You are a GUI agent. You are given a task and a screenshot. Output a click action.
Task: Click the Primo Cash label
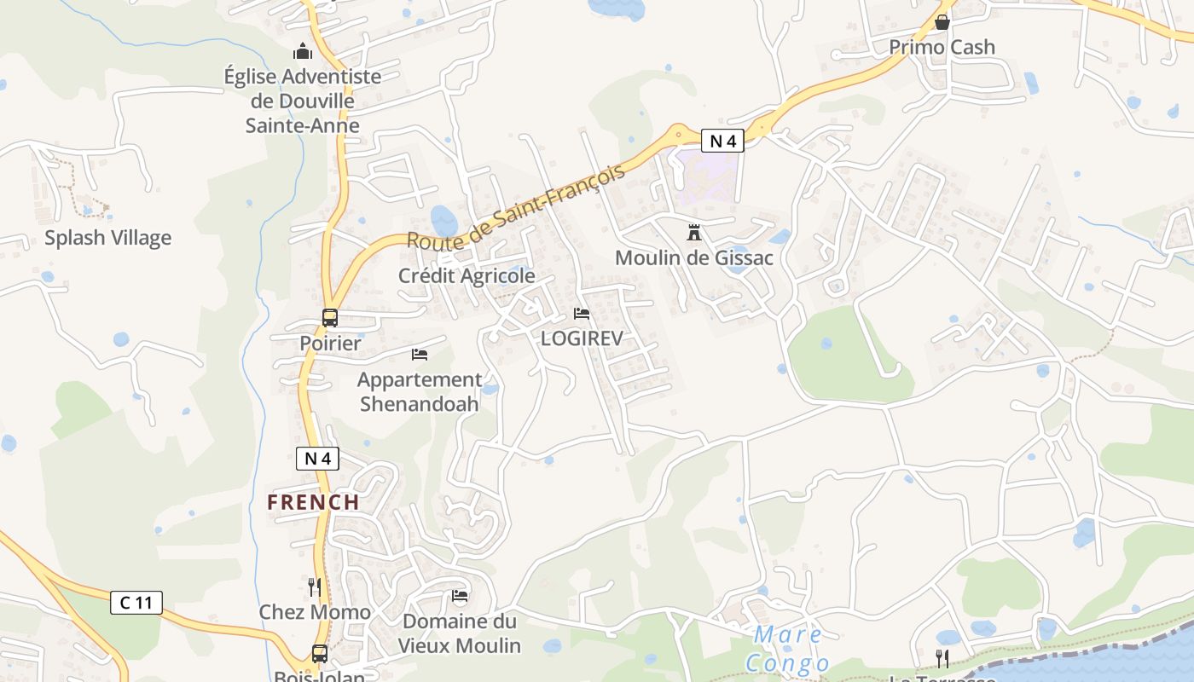click(x=942, y=47)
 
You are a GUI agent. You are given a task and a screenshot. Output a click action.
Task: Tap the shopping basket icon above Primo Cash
click(x=942, y=22)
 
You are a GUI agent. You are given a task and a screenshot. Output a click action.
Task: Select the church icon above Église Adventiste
click(x=302, y=51)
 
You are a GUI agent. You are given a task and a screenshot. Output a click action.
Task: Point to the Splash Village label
click(x=107, y=238)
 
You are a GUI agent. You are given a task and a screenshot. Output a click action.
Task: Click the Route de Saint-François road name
click(x=516, y=206)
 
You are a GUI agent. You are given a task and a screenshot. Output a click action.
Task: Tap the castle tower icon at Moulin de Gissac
click(x=693, y=232)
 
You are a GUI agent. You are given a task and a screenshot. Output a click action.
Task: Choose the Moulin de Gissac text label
click(x=693, y=257)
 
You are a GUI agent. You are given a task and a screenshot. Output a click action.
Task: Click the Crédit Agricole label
click(x=467, y=276)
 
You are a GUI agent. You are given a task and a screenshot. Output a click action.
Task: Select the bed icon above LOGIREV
click(x=582, y=314)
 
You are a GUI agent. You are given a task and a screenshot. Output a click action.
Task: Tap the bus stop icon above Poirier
click(x=330, y=318)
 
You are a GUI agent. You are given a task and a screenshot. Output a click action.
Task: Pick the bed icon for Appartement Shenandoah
click(x=420, y=354)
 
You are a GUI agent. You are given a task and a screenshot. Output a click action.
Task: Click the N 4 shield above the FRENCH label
click(x=317, y=459)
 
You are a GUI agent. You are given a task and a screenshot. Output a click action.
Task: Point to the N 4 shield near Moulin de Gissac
click(x=722, y=140)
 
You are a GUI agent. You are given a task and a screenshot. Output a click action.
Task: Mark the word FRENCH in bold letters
click(x=313, y=502)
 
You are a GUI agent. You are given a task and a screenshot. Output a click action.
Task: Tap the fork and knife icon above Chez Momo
click(x=315, y=587)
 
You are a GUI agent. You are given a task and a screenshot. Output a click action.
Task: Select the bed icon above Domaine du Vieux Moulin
click(x=460, y=595)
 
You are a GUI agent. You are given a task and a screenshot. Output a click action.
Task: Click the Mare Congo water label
click(x=788, y=649)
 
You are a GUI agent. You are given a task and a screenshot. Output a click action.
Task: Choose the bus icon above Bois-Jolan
click(x=320, y=654)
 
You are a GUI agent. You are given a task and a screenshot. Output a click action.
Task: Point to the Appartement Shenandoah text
click(x=420, y=391)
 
